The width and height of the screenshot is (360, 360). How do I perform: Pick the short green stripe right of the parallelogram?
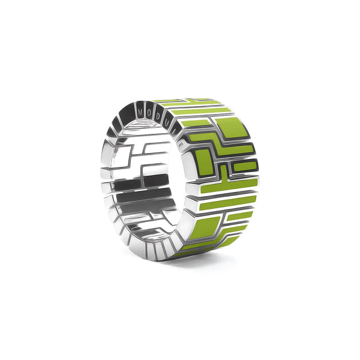click(236, 229)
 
